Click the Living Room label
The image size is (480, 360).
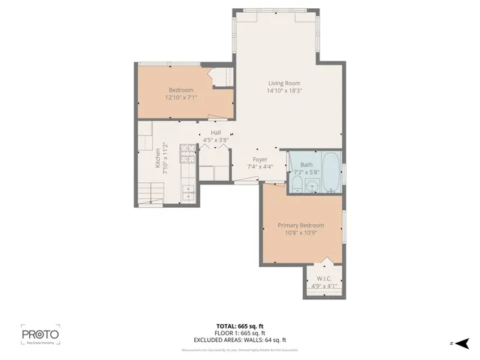(x=284, y=83)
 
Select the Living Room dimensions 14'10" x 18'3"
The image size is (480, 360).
(x=284, y=91)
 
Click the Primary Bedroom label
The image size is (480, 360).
(x=301, y=225)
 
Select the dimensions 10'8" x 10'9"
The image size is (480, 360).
(x=301, y=232)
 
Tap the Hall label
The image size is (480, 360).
(x=215, y=133)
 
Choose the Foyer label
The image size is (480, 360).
(x=260, y=160)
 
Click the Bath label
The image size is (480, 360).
(x=306, y=164)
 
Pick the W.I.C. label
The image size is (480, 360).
(x=324, y=277)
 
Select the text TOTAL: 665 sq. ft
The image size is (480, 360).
(x=240, y=325)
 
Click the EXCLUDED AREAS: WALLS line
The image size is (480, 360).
(x=240, y=340)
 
